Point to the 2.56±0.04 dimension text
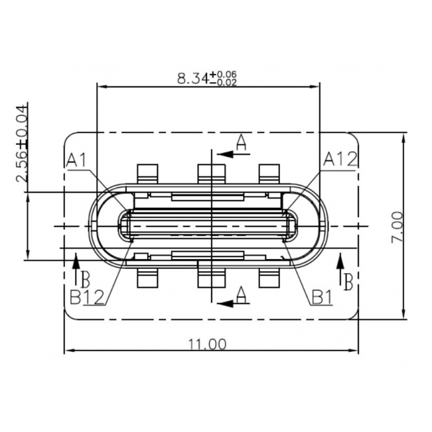(22, 143)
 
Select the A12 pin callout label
(341, 160)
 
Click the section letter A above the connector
(241, 144)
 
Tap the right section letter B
(346, 280)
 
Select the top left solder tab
(148, 173)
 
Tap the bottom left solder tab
(148, 278)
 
